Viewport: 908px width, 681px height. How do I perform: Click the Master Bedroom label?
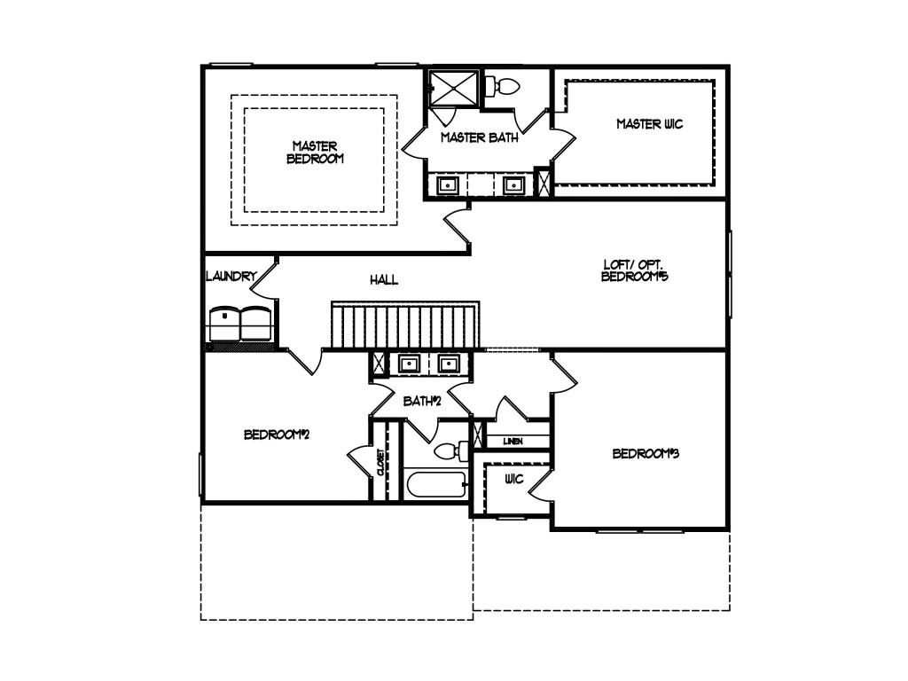click(315, 153)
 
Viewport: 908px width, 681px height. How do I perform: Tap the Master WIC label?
click(650, 124)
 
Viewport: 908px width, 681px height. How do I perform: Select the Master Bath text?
click(480, 137)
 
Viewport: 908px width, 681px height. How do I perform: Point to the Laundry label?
click(231, 277)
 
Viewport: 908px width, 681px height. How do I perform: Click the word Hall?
click(384, 280)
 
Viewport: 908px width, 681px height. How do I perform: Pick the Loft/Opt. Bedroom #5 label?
click(635, 270)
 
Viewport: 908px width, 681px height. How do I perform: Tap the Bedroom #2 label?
click(277, 434)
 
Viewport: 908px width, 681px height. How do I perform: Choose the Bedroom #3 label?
click(646, 453)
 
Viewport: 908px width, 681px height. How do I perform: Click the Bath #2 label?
click(422, 401)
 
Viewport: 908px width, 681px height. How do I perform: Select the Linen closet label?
click(513, 442)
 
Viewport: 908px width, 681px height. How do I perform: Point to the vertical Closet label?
click(380, 462)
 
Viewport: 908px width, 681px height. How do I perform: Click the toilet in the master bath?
click(503, 87)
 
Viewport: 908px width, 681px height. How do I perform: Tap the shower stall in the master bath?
click(453, 89)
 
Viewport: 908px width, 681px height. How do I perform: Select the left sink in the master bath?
click(447, 185)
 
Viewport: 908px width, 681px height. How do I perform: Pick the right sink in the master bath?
click(513, 185)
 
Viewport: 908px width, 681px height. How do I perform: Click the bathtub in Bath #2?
click(436, 485)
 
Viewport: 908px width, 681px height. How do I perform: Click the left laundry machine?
click(224, 325)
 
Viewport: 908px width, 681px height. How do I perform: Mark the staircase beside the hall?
click(405, 325)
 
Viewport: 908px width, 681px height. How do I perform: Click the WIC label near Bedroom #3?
click(513, 479)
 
